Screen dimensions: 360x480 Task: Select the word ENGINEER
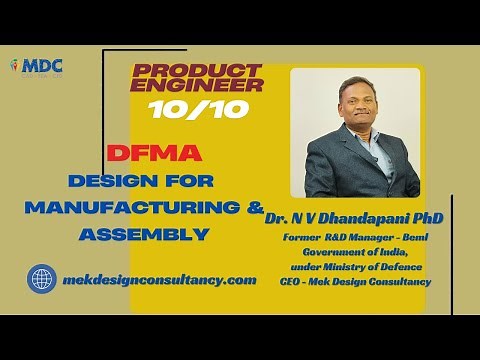pos(197,87)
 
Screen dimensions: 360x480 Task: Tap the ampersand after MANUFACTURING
pos(257,208)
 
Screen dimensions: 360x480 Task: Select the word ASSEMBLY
pos(145,235)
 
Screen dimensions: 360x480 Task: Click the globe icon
pos(42,278)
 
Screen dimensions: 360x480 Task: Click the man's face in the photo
pos(346,108)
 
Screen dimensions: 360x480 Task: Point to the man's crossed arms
pos(350,170)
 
